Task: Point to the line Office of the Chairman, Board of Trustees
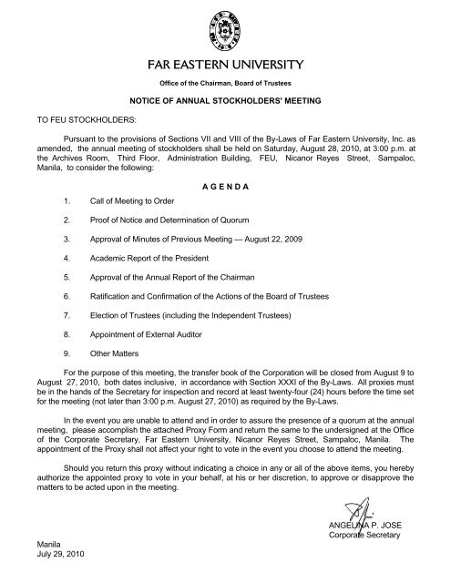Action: [x=225, y=85]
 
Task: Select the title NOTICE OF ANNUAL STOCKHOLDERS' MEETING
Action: [x=226, y=107]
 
